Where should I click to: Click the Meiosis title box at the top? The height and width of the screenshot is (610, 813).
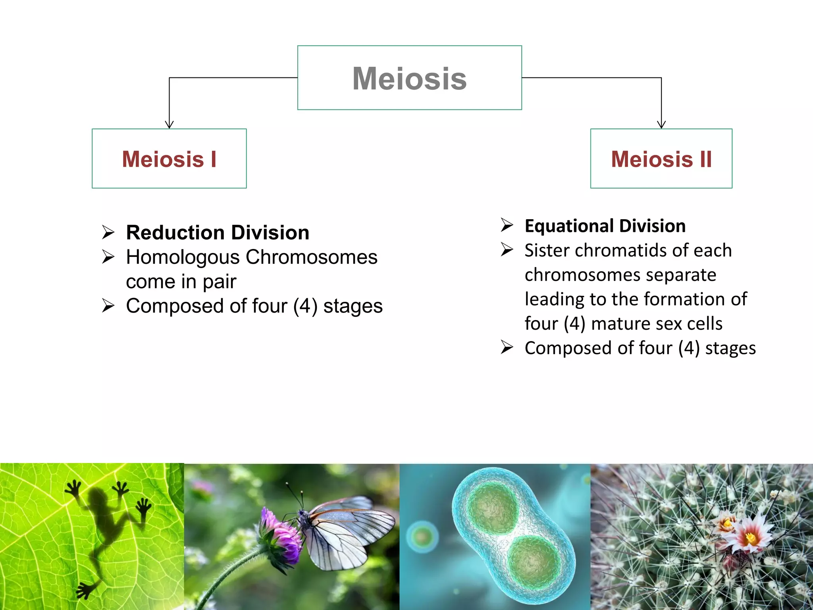click(x=409, y=78)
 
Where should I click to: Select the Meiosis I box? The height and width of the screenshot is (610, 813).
click(x=169, y=158)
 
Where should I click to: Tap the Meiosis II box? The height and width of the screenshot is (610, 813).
click(x=661, y=158)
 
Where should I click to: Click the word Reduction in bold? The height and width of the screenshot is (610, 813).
click(x=175, y=232)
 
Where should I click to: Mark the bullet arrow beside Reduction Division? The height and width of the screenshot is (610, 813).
click(x=108, y=232)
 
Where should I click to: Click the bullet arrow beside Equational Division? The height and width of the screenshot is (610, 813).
click(x=507, y=225)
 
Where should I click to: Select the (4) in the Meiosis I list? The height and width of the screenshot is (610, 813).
click(x=305, y=307)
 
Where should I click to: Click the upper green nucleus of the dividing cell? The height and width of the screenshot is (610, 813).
click(x=492, y=506)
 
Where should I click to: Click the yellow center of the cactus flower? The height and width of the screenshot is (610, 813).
click(x=750, y=538)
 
